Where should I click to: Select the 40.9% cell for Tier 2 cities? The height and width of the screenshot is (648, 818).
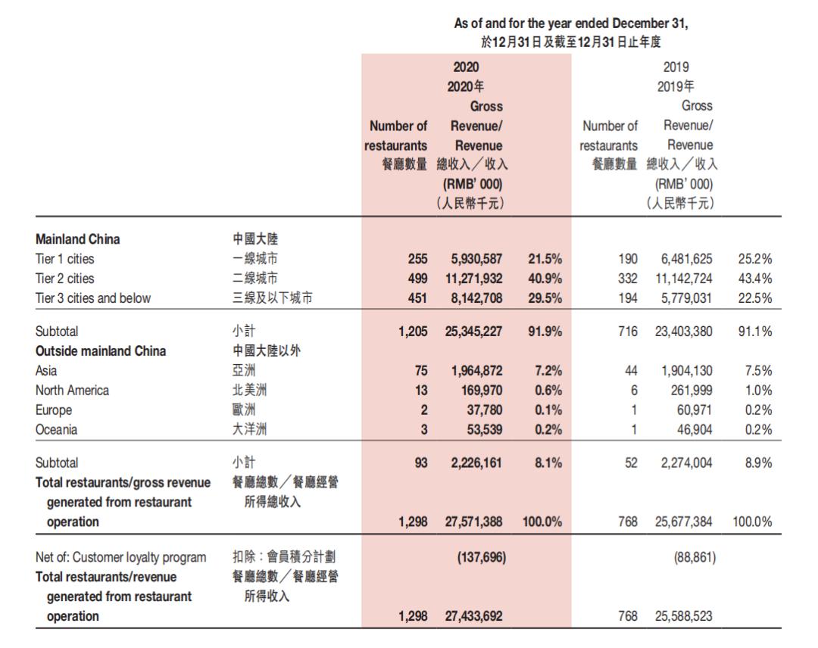pos(544,279)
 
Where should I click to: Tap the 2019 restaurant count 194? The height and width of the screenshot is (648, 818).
pos(627,298)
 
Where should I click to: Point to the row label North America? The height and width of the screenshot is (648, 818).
pos(72,391)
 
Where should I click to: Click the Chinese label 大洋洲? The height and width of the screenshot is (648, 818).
pos(250,430)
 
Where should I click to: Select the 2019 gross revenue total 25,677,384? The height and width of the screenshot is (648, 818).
pos(683,522)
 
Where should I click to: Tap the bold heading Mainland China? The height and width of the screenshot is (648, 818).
pos(77,239)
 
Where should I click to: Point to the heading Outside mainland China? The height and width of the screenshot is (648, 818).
pos(101,351)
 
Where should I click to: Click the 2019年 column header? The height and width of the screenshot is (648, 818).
pos(675,86)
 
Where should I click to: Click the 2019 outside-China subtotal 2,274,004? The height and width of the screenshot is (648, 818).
pos(686,463)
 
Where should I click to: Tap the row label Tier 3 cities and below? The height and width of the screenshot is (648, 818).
pos(93,298)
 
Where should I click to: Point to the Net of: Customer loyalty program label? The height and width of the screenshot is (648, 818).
pos(120,558)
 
